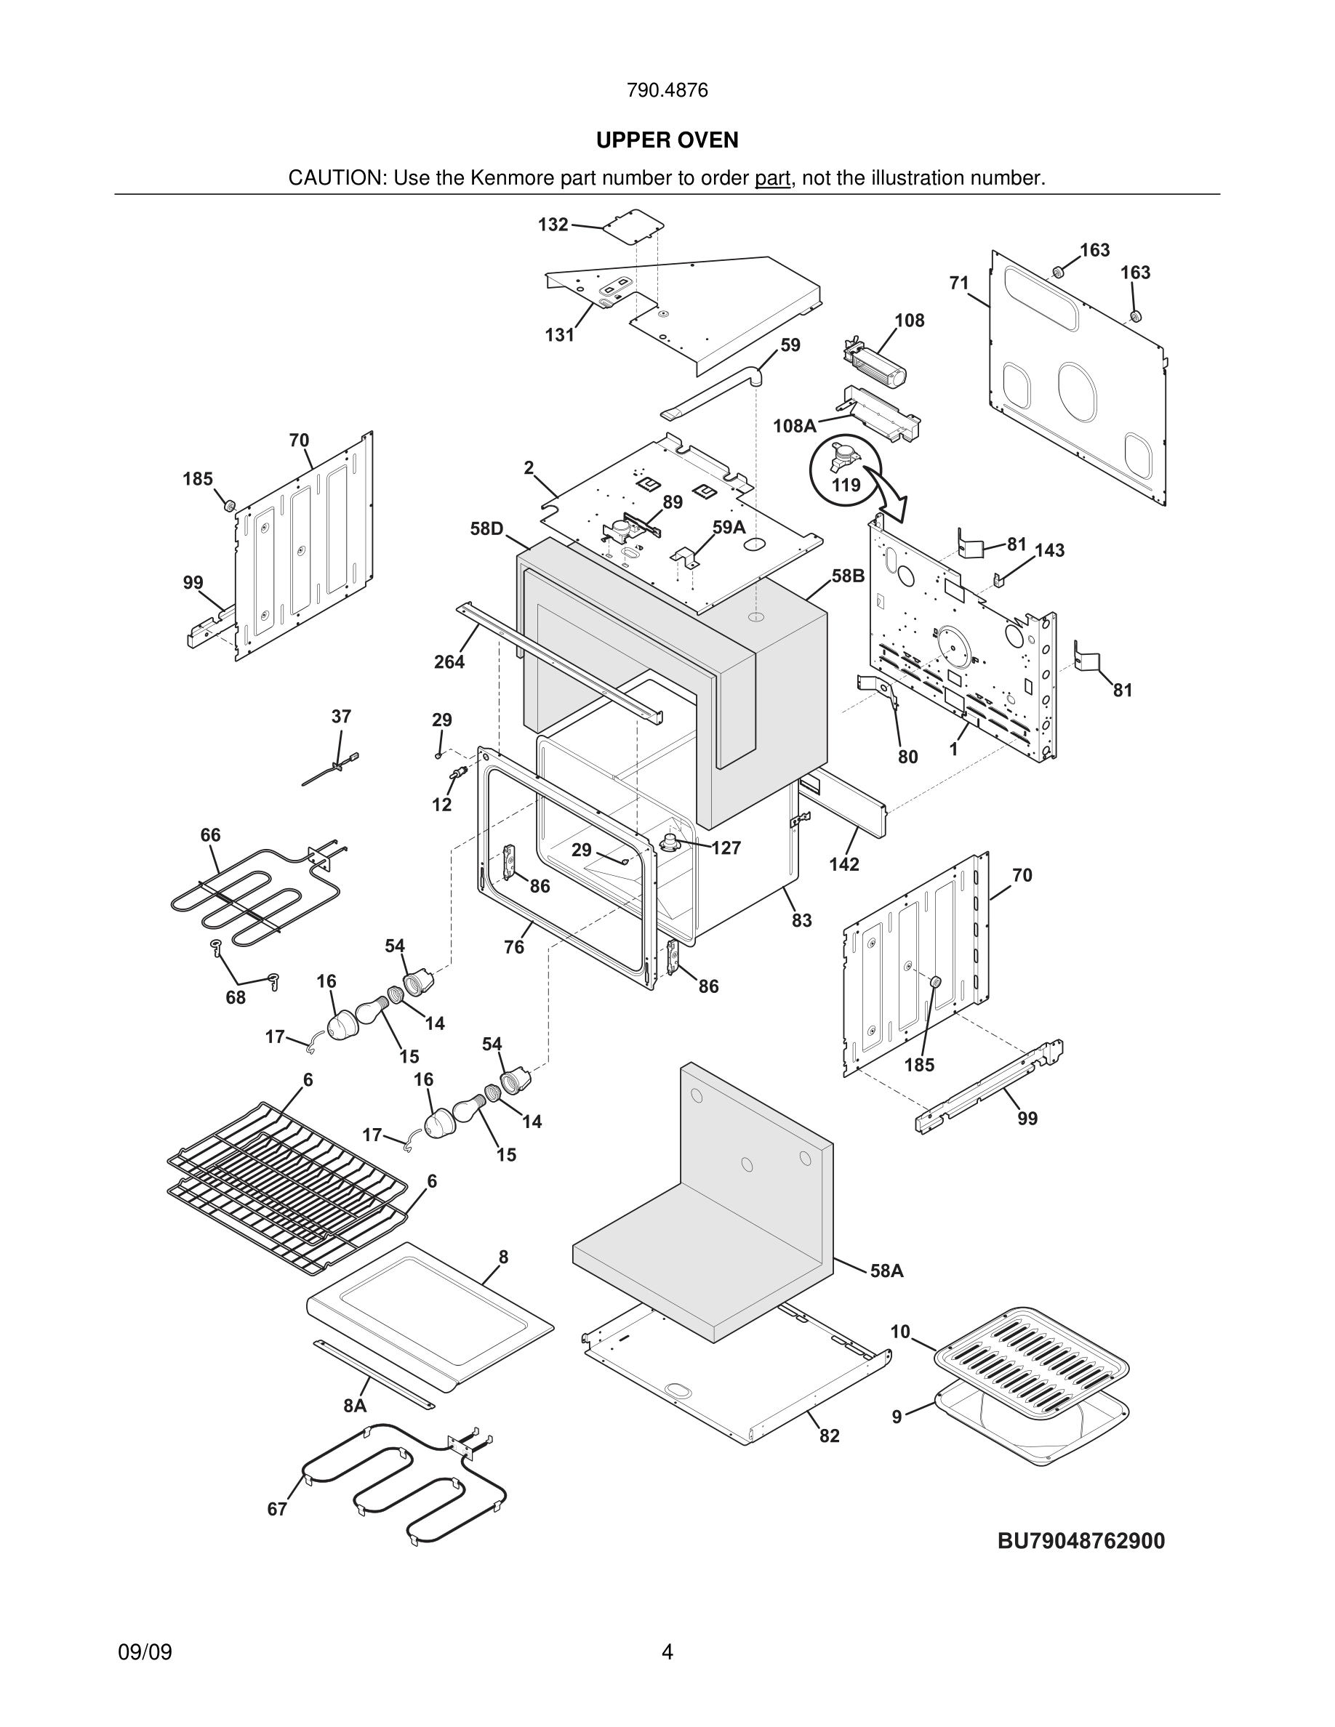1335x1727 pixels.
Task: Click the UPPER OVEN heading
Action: click(667, 140)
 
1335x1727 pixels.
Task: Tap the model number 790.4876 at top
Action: click(667, 90)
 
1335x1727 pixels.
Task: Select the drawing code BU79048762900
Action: click(1081, 1540)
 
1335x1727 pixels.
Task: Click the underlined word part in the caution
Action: click(772, 178)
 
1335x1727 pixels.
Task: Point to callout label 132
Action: click(553, 225)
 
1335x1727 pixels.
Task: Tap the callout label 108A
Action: click(794, 426)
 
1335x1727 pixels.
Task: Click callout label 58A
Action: click(886, 1271)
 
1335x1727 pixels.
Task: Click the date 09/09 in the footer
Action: click(145, 1652)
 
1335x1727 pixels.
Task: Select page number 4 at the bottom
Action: click(667, 1652)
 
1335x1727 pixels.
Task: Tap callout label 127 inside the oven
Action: click(725, 848)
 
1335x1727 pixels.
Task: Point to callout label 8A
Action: click(355, 1405)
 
